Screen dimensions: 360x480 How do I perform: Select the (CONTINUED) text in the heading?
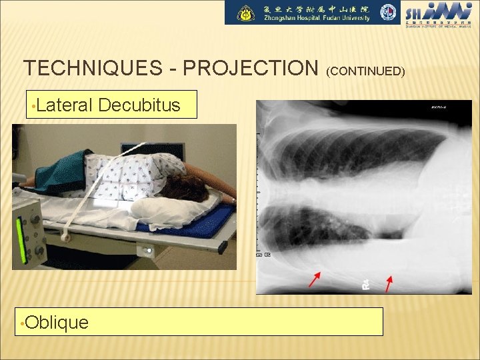366,70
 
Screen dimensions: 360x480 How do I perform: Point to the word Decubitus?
139,105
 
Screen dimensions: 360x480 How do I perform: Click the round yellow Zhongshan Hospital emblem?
247,13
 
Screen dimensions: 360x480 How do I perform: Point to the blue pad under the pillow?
200,223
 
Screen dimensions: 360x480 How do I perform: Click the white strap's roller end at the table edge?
64,235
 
